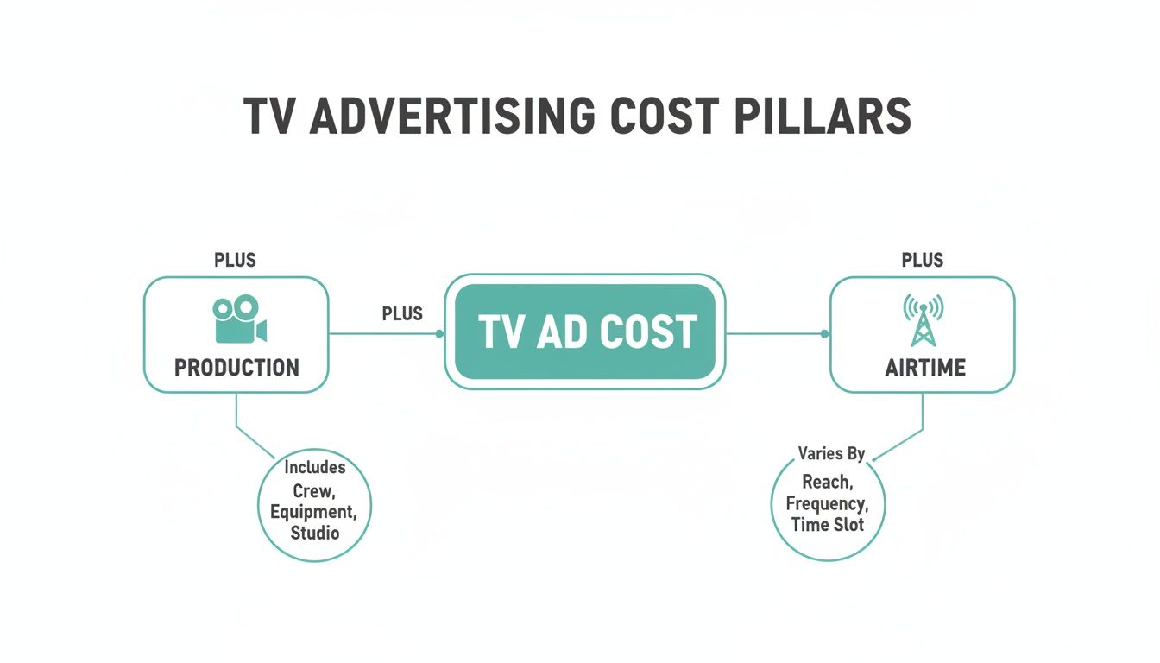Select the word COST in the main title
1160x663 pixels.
tap(662, 116)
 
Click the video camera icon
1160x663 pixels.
tap(236, 319)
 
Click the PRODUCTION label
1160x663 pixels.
tap(236, 368)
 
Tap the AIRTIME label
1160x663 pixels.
tap(925, 368)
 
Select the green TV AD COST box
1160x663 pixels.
tap(585, 332)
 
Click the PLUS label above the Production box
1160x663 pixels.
tap(235, 260)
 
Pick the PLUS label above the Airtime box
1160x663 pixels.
tap(923, 260)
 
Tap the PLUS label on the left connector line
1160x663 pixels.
tap(402, 314)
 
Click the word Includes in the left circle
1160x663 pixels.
tap(315, 467)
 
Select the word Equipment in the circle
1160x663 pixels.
tap(312, 511)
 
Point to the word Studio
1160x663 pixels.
tap(315, 533)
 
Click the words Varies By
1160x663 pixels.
tap(831, 454)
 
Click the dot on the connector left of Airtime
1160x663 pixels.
tap(824, 333)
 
